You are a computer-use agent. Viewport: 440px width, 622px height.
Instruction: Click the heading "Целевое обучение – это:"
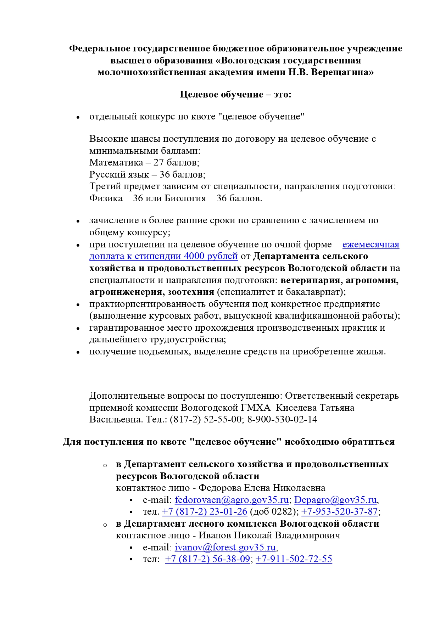235,95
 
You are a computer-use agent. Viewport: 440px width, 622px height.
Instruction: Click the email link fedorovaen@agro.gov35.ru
232,500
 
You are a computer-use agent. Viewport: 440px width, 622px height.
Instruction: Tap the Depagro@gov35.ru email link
335,500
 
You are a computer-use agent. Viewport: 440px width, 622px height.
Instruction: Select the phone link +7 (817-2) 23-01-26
204,512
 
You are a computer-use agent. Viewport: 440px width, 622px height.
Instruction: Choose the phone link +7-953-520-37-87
339,512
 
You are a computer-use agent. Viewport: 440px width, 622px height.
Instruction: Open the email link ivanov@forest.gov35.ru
225,548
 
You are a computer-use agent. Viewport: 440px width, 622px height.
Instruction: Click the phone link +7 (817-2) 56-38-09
207,559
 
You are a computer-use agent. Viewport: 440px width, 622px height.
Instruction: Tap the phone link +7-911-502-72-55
294,559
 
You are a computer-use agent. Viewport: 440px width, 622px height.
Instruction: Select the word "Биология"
185,198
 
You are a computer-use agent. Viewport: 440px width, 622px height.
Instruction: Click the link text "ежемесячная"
371,245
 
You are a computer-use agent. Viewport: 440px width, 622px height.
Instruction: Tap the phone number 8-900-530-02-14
282,420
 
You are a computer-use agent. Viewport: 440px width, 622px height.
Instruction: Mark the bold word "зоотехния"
191,292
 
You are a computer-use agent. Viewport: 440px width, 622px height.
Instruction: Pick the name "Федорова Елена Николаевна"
262,488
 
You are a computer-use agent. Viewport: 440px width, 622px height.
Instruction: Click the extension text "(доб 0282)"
273,512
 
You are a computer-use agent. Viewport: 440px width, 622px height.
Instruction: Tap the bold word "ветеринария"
311,280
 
